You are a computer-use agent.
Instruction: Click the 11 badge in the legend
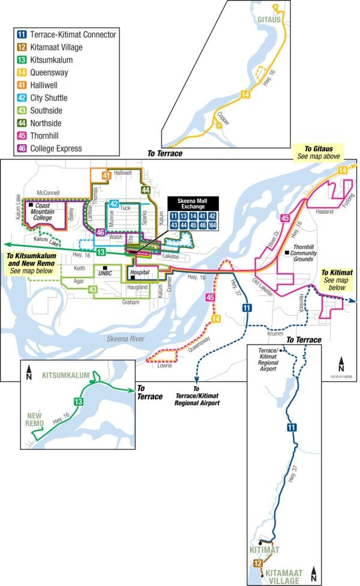(21, 34)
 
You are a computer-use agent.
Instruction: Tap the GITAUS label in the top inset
(269, 20)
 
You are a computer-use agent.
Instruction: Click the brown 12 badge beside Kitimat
(257, 563)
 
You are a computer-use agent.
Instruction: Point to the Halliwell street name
(122, 172)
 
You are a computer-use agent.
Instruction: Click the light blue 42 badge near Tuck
(114, 204)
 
